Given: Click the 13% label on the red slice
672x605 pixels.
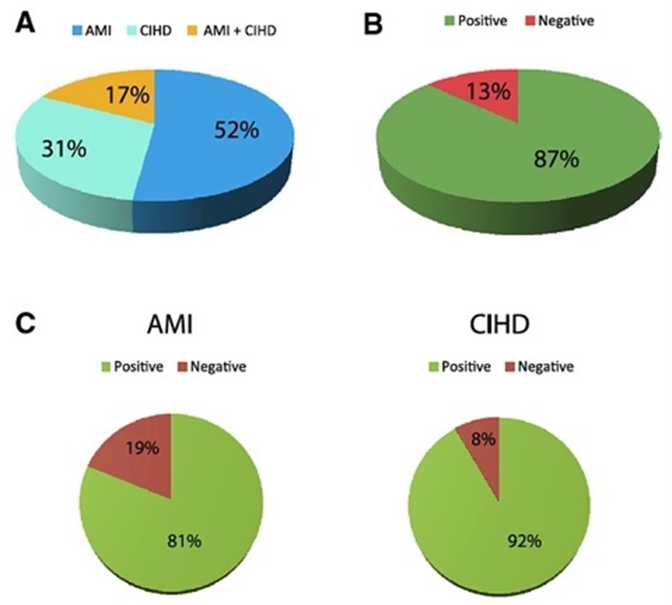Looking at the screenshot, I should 489,92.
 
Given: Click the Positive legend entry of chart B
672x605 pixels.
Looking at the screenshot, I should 473,20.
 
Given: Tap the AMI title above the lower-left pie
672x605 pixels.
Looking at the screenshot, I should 170,329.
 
